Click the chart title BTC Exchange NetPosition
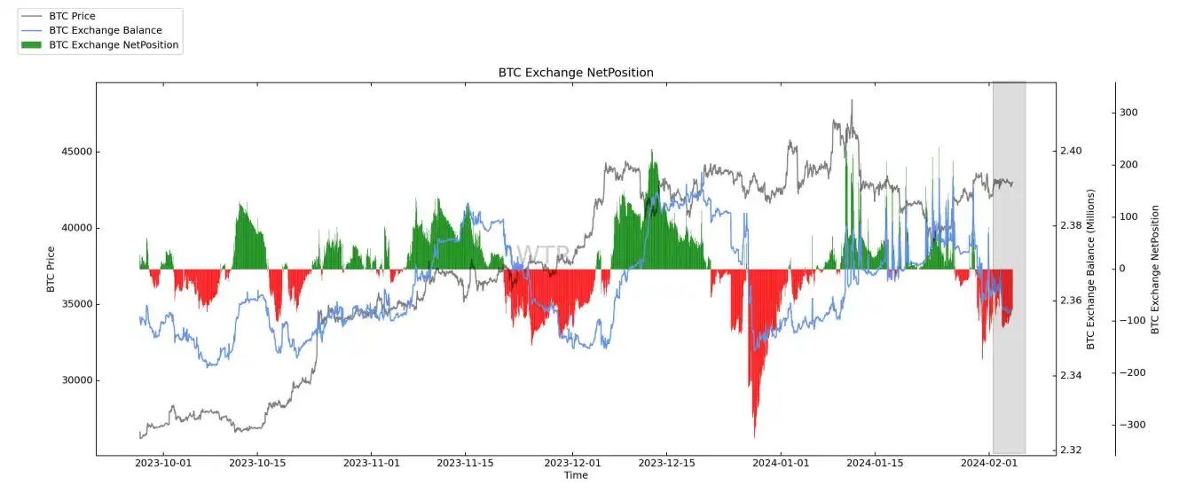point(576,73)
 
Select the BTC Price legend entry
point(72,16)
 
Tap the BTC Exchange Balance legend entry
point(105,30)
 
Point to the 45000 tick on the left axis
point(75,152)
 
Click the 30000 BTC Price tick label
point(75,380)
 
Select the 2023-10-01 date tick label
point(163,463)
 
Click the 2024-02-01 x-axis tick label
point(988,463)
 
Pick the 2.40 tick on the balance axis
point(1071,152)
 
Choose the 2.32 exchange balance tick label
point(1071,450)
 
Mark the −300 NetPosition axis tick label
point(1131,426)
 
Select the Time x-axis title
point(576,475)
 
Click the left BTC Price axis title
point(51,269)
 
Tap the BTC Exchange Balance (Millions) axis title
point(1091,269)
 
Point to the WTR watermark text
point(541,256)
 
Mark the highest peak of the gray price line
point(852,100)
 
